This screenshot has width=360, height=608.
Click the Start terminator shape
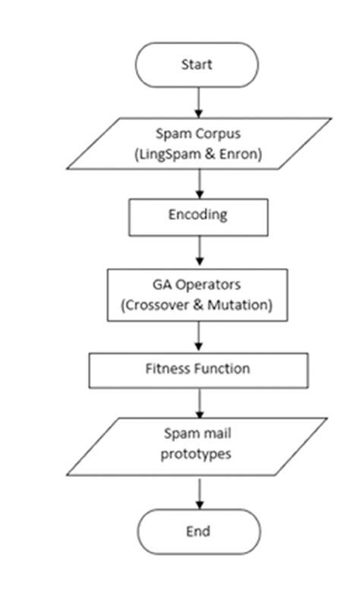[197, 65]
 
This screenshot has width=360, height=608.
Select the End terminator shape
[197, 531]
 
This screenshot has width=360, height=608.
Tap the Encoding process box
[197, 216]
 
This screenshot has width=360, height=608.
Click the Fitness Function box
[197, 370]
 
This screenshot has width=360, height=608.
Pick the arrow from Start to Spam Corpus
[198, 102]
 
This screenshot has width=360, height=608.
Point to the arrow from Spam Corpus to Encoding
[198, 183]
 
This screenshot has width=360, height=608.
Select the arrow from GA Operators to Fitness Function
[198, 335]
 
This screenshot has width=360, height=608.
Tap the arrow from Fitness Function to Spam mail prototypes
[198, 402]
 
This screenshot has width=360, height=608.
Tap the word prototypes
[197, 457]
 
